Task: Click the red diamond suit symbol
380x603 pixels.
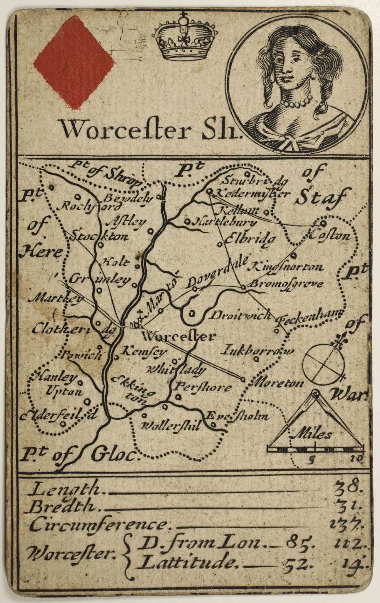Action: click(74, 63)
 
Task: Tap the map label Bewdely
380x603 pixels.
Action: click(128, 198)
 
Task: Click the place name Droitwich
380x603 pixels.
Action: click(240, 315)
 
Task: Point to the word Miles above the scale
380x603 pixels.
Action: click(311, 435)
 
